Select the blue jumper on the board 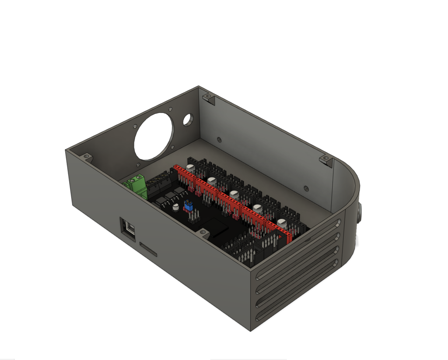[189, 205]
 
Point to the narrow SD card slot [148, 249]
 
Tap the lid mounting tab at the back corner [210, 99]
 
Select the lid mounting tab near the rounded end [326, 159]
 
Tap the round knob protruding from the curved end [360, 215]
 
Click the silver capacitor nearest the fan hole [191, 167]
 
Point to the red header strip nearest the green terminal [184, 175]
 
